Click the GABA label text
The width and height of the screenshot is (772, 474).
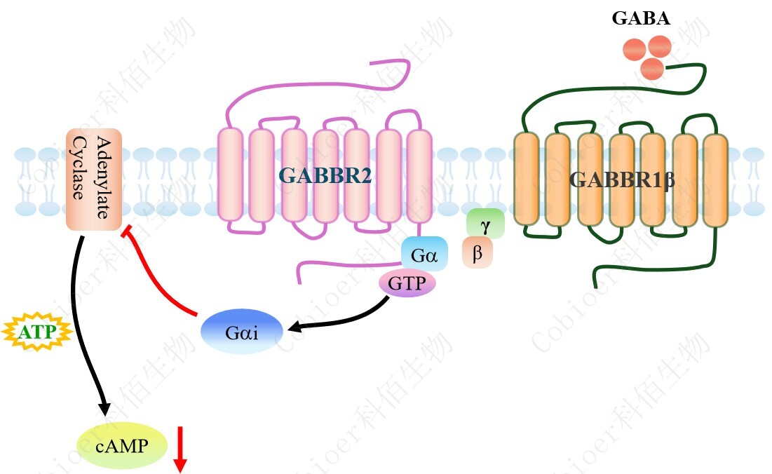pos(640,19)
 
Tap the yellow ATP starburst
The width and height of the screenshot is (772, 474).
pos(37,332)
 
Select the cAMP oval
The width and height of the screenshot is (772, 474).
pos(122,445)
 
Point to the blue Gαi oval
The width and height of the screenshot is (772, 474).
pos(242,332)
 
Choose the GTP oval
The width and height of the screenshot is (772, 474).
pos(407,283)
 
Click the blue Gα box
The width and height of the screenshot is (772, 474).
pos(424,254)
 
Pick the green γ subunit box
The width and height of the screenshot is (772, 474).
pos(485,222)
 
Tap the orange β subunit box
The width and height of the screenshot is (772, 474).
pos(478,253)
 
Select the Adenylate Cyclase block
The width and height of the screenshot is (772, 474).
pos(94,180)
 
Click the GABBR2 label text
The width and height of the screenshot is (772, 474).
pos(325,175)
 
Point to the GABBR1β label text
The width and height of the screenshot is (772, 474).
pos(622,180)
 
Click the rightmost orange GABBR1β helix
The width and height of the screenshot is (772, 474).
pos(716,180)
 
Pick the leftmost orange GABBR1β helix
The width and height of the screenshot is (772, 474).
pos(526,180)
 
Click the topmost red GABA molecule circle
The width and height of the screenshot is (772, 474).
pos(660,46)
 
